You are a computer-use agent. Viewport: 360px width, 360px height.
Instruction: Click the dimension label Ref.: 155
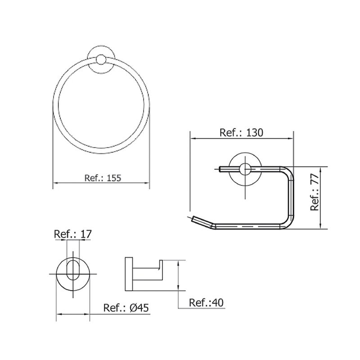[103, 178]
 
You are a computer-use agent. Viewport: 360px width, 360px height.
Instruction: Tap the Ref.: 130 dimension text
[241, 133]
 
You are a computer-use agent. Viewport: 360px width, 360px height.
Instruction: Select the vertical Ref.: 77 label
[315, 193]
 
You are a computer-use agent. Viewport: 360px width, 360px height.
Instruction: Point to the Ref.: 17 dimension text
[73, 234]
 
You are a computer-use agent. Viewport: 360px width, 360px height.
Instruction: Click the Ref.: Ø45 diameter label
[126, 308]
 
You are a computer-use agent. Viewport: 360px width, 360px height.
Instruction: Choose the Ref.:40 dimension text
[206, 302]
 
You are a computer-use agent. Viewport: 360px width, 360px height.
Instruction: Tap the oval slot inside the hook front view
[73, 270]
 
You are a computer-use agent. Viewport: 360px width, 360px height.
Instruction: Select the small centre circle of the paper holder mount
[245, 169]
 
